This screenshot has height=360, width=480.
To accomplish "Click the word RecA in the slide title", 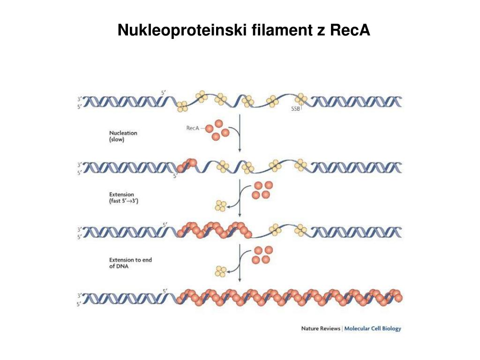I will point(350,30).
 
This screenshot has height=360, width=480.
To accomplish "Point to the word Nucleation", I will point(123,133).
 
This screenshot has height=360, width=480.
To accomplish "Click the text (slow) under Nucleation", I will point(117,140).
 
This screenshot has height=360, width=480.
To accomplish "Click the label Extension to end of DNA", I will point(130,263).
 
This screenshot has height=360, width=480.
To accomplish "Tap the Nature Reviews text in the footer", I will point(321,329).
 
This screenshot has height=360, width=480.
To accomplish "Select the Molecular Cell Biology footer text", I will point(373,329).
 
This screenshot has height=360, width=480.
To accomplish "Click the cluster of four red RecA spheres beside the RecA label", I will point(217,129).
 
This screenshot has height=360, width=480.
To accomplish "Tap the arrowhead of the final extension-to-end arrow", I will point(240,280).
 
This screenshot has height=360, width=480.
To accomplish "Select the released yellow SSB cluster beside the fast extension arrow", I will point(220,205).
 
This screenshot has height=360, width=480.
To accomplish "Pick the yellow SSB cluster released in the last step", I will point(220,270).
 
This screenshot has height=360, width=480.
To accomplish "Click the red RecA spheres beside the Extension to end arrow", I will point(262,255).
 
